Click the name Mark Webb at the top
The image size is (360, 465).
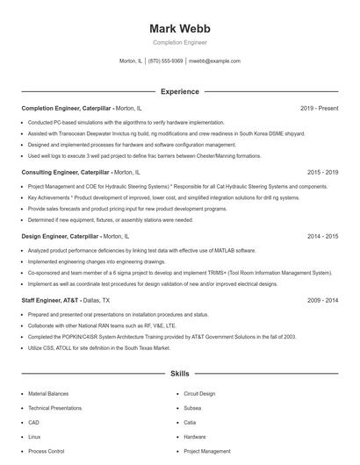[179, 28]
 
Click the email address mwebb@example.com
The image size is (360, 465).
[214, 61]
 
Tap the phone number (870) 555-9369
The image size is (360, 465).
[165, 61]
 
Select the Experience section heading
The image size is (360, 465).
[179, 91]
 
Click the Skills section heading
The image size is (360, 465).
[179, 374]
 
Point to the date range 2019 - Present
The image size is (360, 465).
[319, 108]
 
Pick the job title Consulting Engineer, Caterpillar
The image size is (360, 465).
[65, 173]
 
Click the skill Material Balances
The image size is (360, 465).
[49, 395]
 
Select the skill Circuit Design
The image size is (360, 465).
[199, 395]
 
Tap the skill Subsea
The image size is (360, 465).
[193, 409]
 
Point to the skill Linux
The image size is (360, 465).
[34, 437]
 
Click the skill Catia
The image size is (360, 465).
[191, 423]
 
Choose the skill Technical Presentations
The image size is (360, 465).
[55, 409]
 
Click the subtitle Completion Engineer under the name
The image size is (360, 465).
[179, 42]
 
